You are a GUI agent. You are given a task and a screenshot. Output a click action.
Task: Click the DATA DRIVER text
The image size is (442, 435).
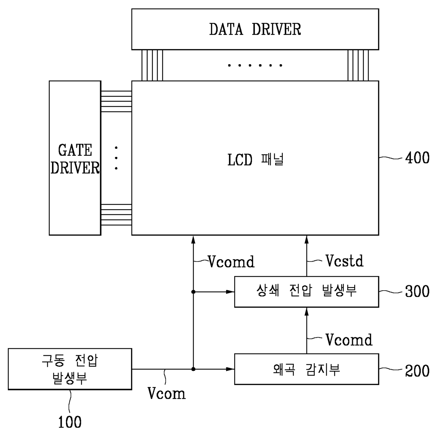tap(255, 29)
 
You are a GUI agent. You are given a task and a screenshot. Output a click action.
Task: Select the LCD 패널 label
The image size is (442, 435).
tap(255, 159)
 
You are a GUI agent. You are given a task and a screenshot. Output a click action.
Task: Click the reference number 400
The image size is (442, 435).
tap(417, 158)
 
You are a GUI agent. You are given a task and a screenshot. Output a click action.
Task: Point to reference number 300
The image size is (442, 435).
tap(417, 292)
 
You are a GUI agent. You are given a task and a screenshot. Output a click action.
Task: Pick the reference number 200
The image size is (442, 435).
tap(417, 371)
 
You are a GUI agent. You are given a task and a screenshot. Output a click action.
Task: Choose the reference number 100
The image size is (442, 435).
tap(70, 422)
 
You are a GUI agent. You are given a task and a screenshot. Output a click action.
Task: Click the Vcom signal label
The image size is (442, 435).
tap(166, 394)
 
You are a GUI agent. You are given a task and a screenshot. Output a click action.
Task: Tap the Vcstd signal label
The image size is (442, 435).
tap(344, 261)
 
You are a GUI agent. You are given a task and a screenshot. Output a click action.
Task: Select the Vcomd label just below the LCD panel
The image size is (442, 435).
tap(231, 262)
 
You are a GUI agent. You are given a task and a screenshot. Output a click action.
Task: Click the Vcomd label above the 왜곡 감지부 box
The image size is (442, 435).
tap(349, 340)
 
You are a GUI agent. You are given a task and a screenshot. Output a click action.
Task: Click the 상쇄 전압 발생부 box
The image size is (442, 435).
tap(306, 291)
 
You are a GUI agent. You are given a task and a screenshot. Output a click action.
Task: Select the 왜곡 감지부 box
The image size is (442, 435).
tap(306, 369)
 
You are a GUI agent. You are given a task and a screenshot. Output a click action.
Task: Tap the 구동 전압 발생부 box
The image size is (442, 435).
tap(70, 369)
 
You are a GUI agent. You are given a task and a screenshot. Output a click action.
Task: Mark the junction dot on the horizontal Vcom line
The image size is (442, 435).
tap(193, 369)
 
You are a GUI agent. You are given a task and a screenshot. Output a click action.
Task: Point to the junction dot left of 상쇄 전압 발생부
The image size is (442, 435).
tap(193, 292)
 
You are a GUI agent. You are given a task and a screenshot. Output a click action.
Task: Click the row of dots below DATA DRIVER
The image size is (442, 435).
tap(255, 65)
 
